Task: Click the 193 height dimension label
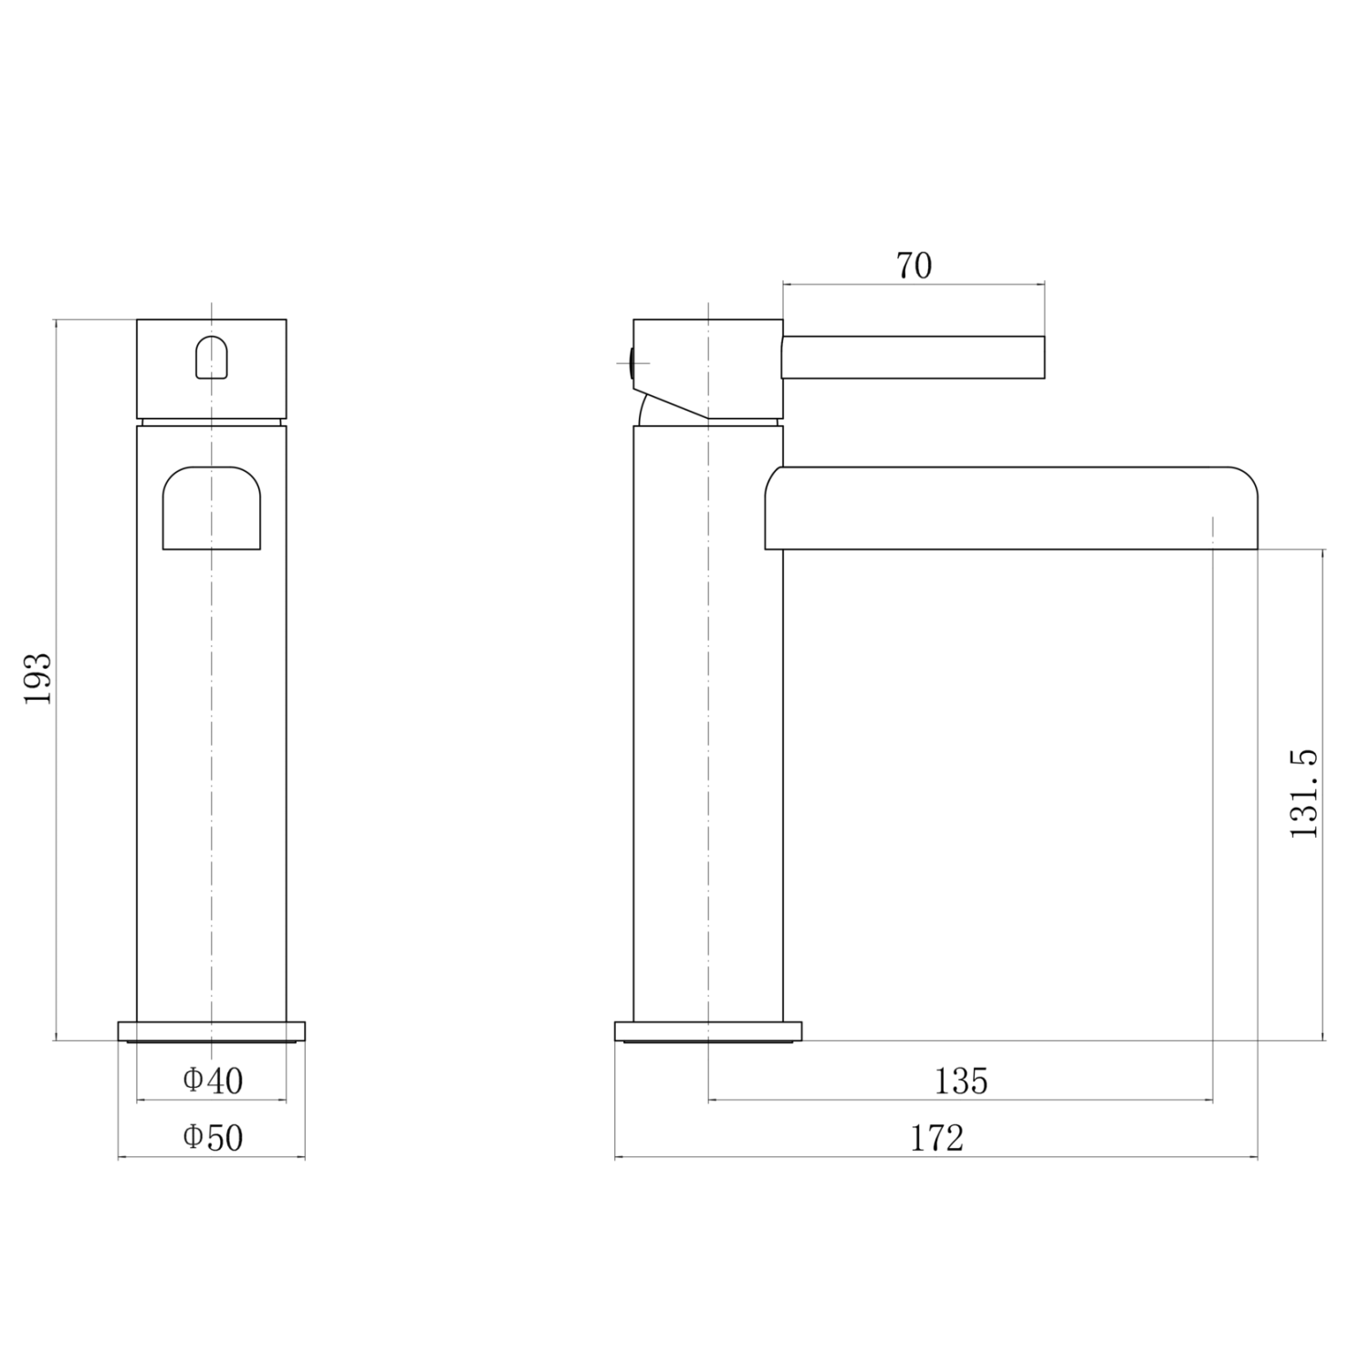point(37,678)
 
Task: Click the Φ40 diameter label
point(213,1081)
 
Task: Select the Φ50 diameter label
point(213,1137)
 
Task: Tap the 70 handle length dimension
point(914,266)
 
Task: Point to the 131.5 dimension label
point(1304,793)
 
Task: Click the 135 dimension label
point(961,1081)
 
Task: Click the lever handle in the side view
point(913,357)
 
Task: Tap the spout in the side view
point(1011,508)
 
